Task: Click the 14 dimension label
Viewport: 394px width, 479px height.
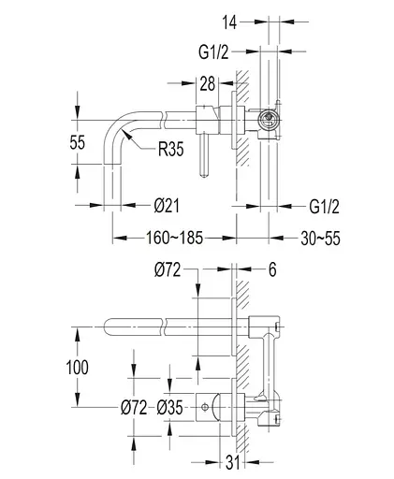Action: pyautogui.click(x=229, y=22)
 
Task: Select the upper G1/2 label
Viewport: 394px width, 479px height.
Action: pyautogui.click(x=213, y=51)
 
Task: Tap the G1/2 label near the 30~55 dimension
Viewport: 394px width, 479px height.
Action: pyautogui.click(x=324, y=207)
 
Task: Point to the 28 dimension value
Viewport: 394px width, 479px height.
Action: pyautogui.click(x=208, y=83)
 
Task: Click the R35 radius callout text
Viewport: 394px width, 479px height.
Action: pyautogui.click(x=171, y=149)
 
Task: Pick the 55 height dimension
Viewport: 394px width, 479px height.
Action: pyautogui.click(x=77, y=142)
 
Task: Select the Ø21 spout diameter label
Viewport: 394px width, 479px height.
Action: pyautogui.click(x=167, y=206)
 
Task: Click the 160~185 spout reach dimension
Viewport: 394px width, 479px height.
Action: pyautogui.click(x=175, y=238)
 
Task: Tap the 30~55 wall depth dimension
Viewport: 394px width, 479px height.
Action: pyautogui.click(x=320, y=239)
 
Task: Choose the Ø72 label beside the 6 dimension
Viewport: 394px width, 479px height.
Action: pyautogui.click(x=168, y=269)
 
